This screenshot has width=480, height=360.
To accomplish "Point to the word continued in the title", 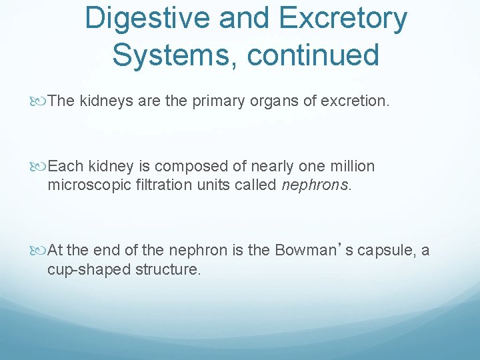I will coord(313,55).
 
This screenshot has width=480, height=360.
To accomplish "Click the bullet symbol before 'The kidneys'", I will coord(41,101).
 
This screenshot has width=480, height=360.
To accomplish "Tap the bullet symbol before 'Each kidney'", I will coord(41,166).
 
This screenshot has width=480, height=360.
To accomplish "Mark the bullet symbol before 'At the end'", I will coord(41,251).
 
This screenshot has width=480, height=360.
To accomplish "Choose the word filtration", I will coord(158,185).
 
